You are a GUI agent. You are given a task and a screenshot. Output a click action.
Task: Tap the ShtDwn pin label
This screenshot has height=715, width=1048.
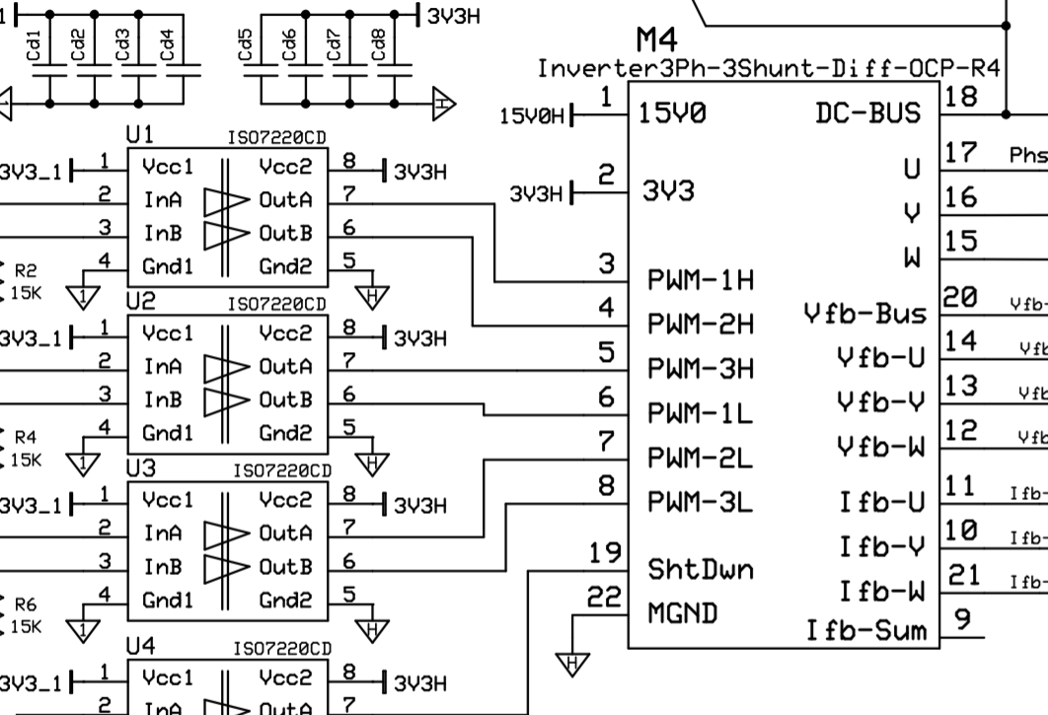(x=700, y=569)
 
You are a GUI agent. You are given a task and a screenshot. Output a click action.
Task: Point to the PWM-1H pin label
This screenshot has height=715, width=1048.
(x=701, y=280)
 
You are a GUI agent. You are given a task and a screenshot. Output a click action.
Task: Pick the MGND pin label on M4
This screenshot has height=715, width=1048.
(x=682, y=613)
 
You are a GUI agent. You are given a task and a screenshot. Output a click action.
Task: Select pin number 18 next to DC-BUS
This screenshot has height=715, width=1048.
(x=960, y=97)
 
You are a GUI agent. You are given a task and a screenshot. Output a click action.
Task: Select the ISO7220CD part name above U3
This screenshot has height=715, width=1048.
(x=282, y=470)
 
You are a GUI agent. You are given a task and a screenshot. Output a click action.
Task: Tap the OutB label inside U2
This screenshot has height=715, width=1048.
(x=286, y=399)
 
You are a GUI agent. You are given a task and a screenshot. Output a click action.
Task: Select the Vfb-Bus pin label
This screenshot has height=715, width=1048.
(x=865, y=314)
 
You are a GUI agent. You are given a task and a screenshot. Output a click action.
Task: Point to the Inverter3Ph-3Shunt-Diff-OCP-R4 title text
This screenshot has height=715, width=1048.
(x=769, y=69)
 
